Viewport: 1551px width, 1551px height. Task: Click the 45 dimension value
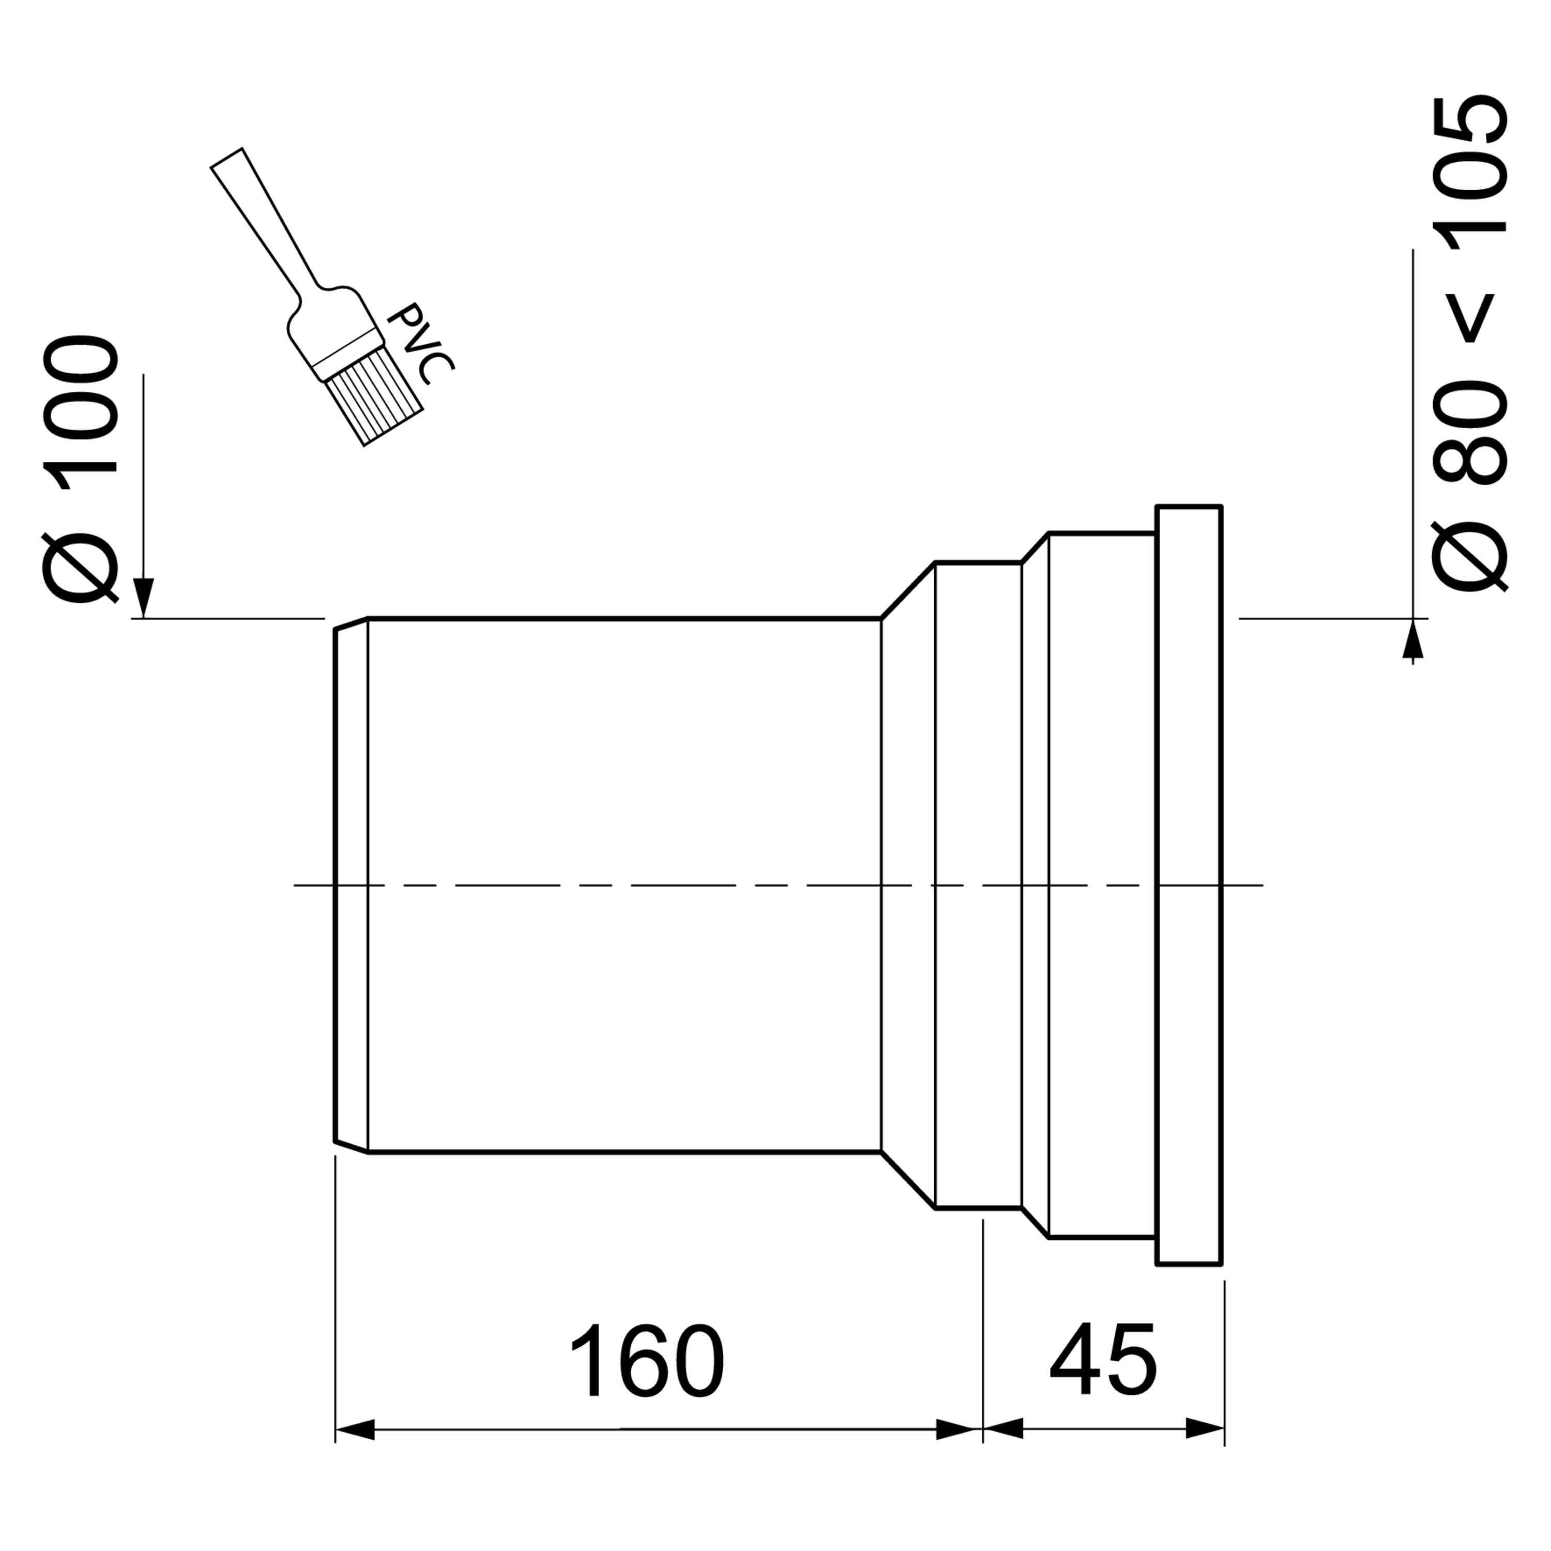1103,1358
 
